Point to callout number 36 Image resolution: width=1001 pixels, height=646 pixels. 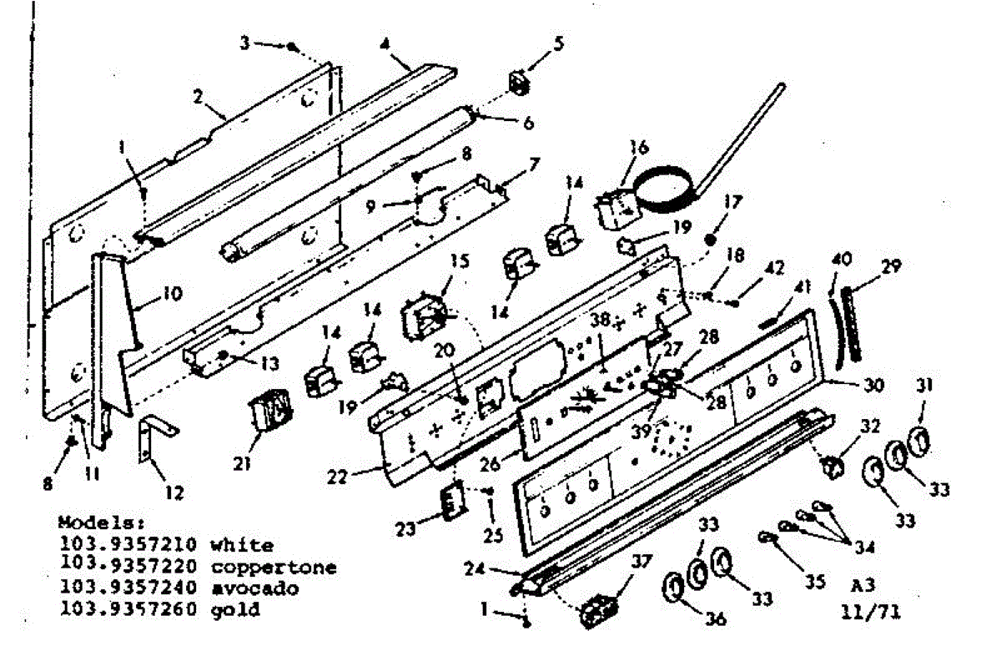715,618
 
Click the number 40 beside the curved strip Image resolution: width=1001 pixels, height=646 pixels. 841,260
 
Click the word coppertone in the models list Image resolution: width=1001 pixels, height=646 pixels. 274,568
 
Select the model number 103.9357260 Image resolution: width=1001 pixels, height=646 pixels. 128,609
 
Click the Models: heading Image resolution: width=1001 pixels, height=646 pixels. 91,522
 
